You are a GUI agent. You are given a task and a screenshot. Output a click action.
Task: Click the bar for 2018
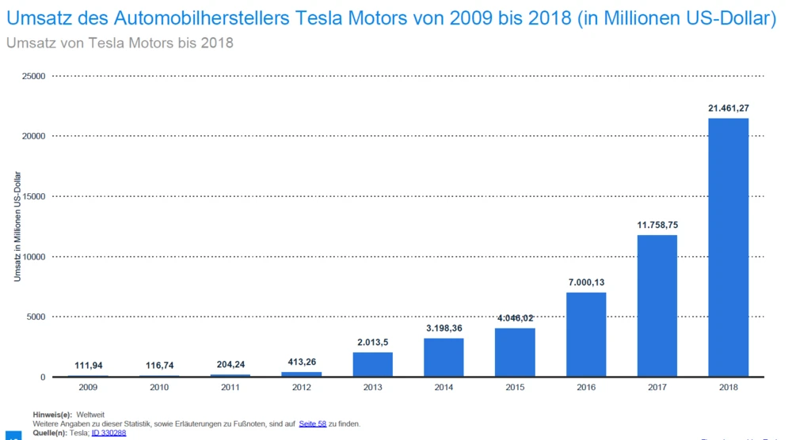728,247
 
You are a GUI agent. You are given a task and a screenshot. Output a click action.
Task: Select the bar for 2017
657,305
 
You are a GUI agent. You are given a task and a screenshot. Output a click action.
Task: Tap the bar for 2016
586,334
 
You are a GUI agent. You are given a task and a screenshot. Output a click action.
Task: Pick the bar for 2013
372,364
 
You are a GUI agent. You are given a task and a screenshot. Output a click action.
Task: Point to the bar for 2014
444,357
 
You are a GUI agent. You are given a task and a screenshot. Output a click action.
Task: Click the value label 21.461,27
729,108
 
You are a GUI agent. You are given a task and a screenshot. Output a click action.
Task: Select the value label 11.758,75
657,225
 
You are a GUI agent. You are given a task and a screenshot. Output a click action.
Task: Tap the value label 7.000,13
586,283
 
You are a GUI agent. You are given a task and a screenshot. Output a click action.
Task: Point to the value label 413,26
302,362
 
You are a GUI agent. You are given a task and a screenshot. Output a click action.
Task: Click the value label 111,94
88,366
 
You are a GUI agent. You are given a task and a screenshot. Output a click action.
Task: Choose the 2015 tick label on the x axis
515,387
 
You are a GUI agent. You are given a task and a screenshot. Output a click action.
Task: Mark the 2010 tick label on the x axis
159,387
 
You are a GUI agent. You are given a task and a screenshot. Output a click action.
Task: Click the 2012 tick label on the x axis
302,387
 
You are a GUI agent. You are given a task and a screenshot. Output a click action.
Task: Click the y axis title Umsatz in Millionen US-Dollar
17,226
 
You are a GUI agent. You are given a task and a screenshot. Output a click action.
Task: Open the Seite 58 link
313,424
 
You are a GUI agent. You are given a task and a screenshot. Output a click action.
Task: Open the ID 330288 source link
109,433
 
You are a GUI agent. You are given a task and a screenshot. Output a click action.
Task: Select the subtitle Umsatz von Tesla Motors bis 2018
120,43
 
